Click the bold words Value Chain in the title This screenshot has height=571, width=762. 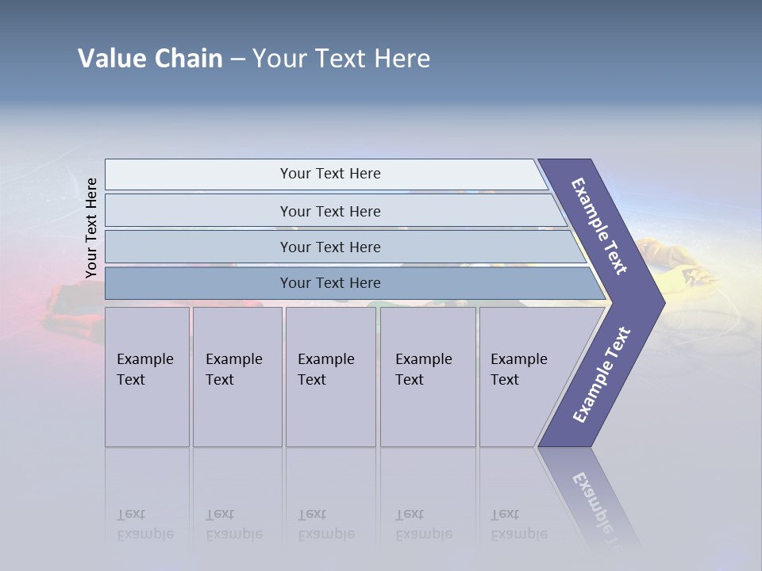pos(150,59)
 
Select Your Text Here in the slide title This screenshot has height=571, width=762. pos(341,59)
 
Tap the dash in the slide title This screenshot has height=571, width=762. pos(237,59)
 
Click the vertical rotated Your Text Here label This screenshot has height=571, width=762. pos(91,228)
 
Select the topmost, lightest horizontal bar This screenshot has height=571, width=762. pos(329,174)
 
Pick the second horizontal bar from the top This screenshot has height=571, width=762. pos(329,211)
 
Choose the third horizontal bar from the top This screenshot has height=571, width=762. pos(329,247)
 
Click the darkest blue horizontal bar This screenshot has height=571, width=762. pos(329,283)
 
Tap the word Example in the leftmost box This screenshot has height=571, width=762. pos(144,359)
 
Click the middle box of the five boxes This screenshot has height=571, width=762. pos(330,377)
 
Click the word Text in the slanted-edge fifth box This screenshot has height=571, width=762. pos(505,380)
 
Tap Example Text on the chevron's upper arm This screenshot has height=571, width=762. pos(599,226)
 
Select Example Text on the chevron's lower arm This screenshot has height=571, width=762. pos(601,375)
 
